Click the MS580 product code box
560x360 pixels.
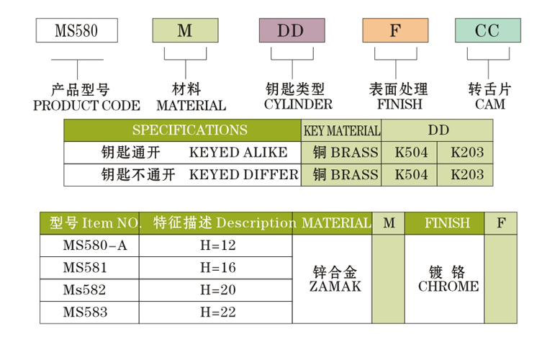[x=76, y=31]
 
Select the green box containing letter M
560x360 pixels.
[x=184, y=31]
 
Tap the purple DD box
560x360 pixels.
[x=291, y=31]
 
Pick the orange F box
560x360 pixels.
[x=394, y=31]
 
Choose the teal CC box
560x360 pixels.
[x=487, y=31]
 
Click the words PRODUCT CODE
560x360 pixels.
[x=86, y=105]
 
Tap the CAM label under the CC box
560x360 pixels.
[x=489, y=104]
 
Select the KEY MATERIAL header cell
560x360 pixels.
[x=342, y=131]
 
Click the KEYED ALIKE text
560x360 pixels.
[x=238, y=153]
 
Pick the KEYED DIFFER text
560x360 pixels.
[x=243, y=175]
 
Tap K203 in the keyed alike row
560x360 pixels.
[x=466, y=153]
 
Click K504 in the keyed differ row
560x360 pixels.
[x=411, y=175]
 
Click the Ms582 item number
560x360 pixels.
[x=84, y=290]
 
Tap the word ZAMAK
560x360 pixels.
[x=335, y=286]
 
